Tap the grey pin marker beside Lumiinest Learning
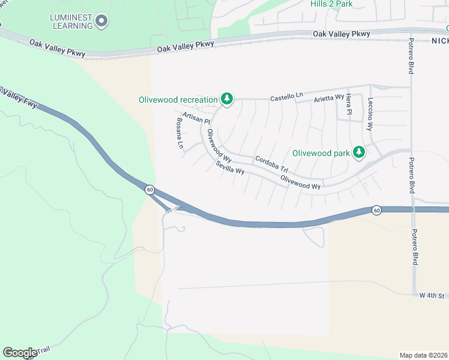coord(101,22)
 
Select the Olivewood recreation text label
coord(178,100)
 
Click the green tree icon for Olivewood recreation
coord(226,98)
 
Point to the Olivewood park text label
coord(321,153)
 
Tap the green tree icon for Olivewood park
coord(359,152)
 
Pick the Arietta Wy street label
coord(329,97)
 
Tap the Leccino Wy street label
coord(370,114)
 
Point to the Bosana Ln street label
coord(179,133)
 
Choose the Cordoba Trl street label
coord(271,164)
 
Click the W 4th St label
coord(432,296)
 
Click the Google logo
coord(20,353)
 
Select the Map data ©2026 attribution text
coord(423,355)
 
